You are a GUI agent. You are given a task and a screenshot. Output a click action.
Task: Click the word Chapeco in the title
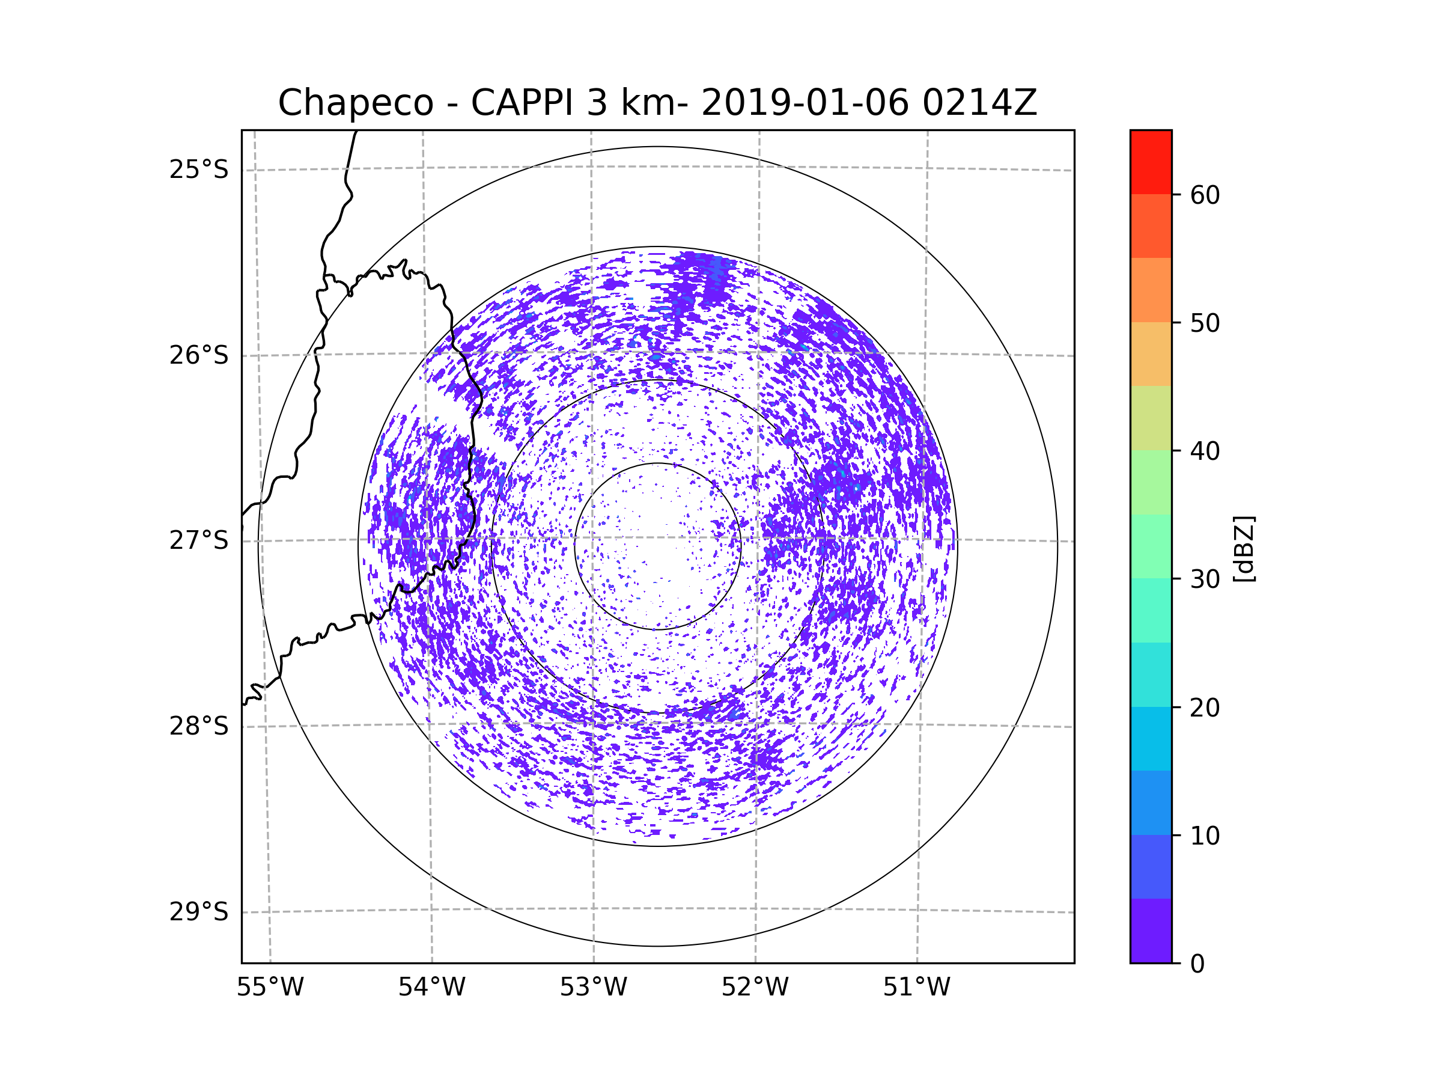[355, 103]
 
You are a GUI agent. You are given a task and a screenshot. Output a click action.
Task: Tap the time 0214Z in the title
[979, 103]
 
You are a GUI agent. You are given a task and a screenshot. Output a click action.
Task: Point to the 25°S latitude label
[199, 170]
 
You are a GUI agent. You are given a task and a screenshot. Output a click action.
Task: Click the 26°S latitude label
[199, 355]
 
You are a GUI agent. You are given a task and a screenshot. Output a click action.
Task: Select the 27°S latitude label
[199, 540]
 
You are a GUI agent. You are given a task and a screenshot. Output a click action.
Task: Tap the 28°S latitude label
[199, 726]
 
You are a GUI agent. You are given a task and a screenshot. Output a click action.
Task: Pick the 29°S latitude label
[199, 912]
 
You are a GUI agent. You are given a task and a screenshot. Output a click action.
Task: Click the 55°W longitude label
[270, 988]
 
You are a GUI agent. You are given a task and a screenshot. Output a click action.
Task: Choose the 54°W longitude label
[431, 988]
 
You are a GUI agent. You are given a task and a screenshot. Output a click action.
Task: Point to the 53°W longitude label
[593, 988]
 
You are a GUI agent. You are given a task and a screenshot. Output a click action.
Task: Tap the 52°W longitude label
[755, 988]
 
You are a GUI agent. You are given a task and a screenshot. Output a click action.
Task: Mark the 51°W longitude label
[916, 988]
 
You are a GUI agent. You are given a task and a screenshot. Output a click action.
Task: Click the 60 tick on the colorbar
[1205, 195]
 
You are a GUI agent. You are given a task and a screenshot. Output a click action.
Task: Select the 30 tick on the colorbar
[1205, 579]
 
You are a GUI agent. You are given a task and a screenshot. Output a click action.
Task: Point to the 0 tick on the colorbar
[1197, 964]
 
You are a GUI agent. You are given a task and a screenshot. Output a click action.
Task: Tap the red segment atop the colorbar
[1151, 162]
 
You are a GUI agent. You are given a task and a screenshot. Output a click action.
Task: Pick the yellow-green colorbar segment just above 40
[1151, 418]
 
